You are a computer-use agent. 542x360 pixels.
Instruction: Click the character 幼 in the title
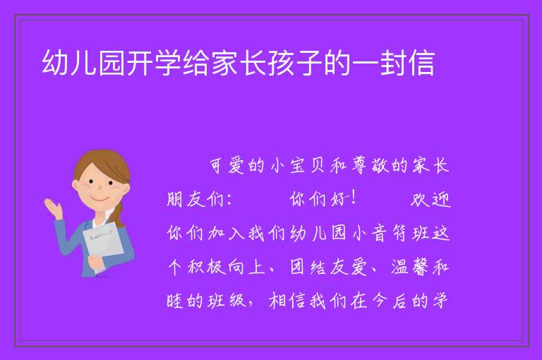[x=55, y=63]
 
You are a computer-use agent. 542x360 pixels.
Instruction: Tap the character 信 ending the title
[x=421, y=63]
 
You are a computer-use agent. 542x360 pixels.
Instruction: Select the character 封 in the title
[x=393, y=63]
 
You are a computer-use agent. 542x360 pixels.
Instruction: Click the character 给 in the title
[x=196, y=63]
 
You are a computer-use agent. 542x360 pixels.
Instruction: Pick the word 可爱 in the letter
[x=227, y=166]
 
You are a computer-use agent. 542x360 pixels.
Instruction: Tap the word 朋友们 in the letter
[x=195, y=199]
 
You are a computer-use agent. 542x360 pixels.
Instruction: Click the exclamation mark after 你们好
[x=354, y=198]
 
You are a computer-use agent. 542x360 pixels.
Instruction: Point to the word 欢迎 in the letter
[x=430, y=199]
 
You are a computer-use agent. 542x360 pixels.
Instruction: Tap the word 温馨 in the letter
[x=410, y=267]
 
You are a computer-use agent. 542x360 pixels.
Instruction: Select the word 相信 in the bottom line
[x=287, y=301]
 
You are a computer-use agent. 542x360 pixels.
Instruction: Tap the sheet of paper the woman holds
[x=103, y=242]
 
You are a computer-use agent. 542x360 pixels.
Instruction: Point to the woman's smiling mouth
[x=99, y=199]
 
